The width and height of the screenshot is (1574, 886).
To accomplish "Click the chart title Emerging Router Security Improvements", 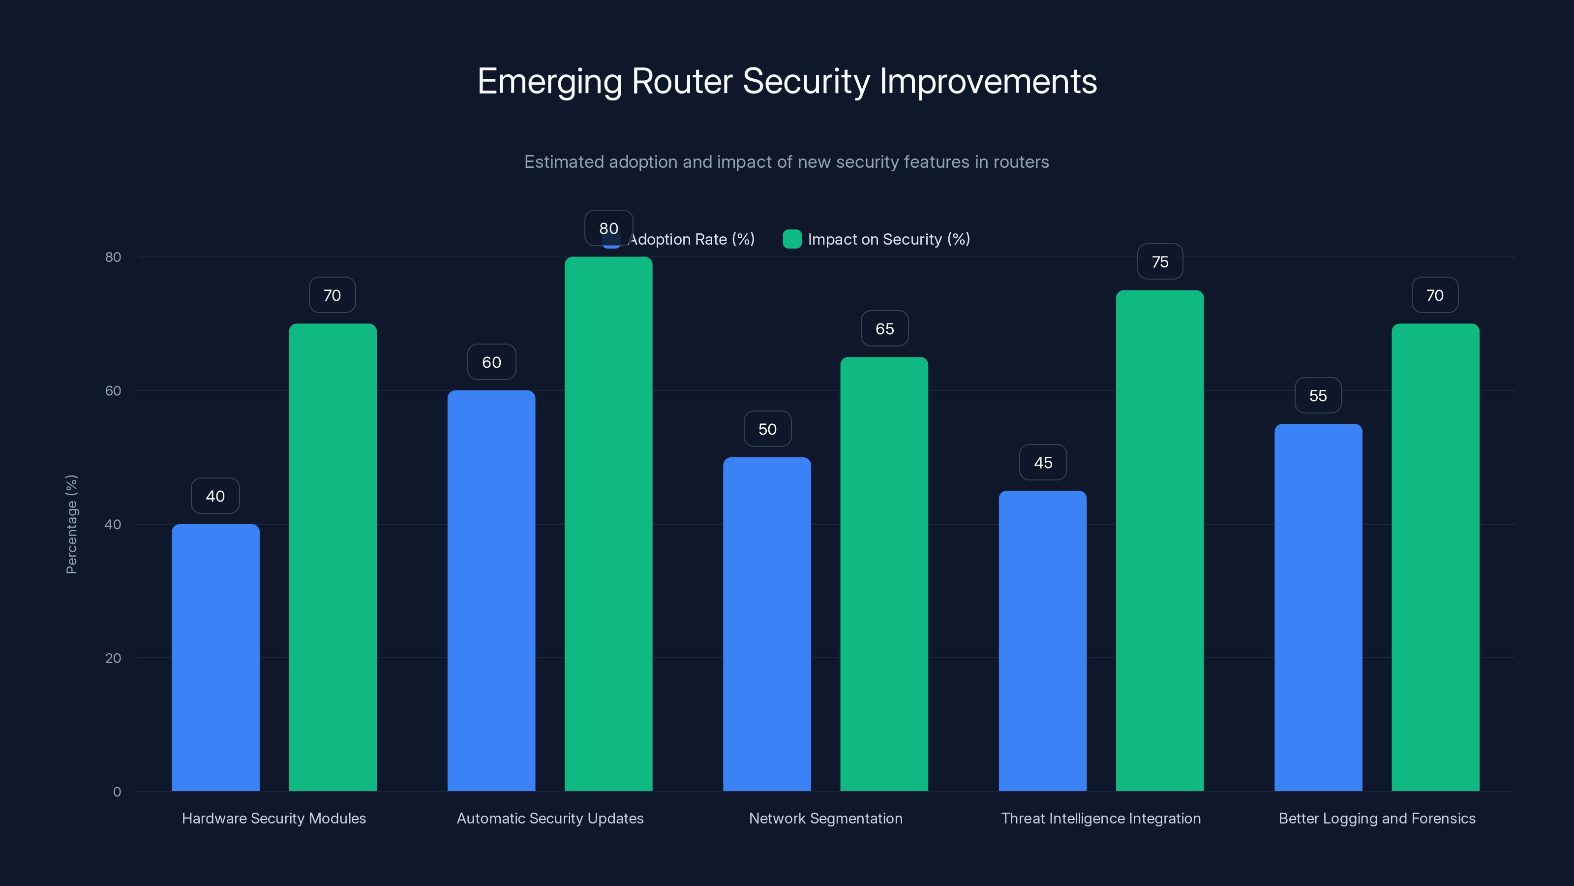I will click(x=787, y=81).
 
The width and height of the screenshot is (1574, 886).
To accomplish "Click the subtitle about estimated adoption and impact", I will click(x=787, y=162).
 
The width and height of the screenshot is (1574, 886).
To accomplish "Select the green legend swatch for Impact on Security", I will click(x=792, y=239).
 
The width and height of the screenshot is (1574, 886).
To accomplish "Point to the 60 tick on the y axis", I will click(x=113, y=391).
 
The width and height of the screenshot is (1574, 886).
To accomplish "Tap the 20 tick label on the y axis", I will click(x=113, y=658).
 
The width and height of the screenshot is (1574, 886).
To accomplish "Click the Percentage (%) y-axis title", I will click(x=71, y=524).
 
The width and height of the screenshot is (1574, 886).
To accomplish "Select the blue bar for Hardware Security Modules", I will click(x=216, y=657).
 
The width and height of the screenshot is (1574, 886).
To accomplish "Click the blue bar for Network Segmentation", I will click(x=767, y=624).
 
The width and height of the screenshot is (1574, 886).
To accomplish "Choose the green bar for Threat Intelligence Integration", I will click(x=1160, y=540).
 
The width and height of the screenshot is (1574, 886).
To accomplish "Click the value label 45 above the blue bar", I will click(x=1043, y=463).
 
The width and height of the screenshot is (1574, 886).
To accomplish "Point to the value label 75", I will click(x=1160, y=262).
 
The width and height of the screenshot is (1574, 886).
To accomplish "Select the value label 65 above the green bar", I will click(x=884, y=329).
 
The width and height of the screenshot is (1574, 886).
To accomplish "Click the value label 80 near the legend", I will click(x=608, y=228).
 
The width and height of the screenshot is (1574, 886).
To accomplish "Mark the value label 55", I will click(x=1318, y=396).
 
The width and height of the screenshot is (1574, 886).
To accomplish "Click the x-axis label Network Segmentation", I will click(x=825, y=818).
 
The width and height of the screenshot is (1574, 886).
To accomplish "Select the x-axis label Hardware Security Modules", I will click(x=274, y=818).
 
